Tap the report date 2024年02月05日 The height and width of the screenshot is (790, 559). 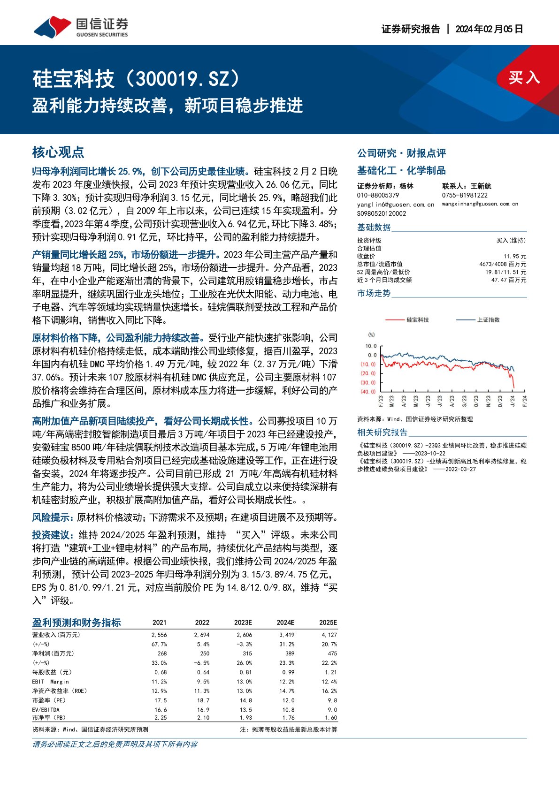(489, 29)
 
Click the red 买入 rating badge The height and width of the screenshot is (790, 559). (524, 77)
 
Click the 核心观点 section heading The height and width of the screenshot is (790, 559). (58, 152)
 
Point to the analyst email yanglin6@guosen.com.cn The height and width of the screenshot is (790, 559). (396, 205)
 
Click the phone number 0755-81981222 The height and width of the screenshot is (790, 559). (465, 195)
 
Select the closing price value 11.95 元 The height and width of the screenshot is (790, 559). (514, 256)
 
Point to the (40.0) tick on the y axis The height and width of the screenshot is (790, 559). (368, 391)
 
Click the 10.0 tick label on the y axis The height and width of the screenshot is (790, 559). (371, 346)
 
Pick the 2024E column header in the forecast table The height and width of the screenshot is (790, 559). (285, 623)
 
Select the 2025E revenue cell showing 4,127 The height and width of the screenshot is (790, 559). (329, 635)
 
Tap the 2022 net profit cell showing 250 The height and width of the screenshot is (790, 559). (205, 653)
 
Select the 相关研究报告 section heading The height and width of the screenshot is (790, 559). (383, 432)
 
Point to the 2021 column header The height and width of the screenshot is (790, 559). (160, 623)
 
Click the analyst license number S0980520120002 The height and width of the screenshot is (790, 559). (382, 213)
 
